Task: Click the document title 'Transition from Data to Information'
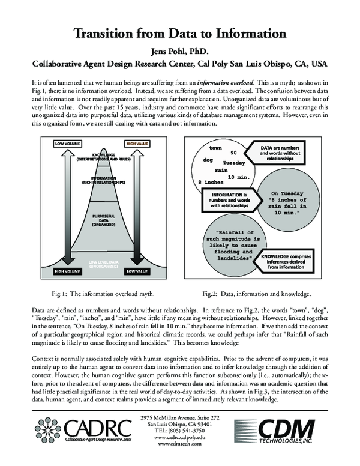coord(179,32)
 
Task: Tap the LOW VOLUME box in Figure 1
coord(68,144)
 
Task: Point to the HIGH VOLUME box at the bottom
coord(68,271)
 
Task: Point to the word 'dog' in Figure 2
coord(209,160)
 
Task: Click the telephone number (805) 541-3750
coord(179,431)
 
